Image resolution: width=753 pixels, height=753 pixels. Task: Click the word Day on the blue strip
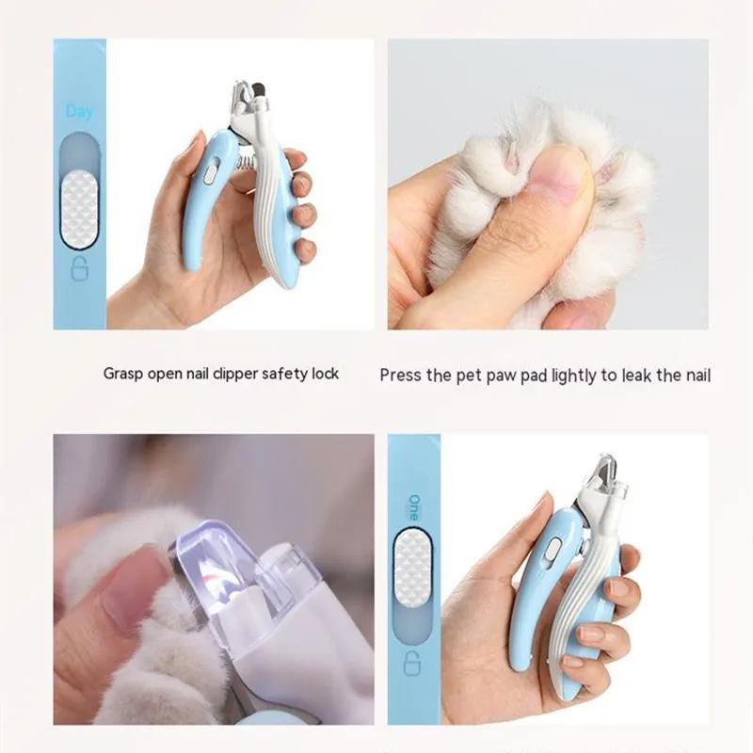[x=80, y=112]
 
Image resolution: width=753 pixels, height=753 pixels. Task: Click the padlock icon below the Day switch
[x=80, y=272]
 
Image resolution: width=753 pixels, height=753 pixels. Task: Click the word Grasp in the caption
[x=124, y=374]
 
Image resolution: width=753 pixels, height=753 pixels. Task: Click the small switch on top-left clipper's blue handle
[x=210, y=173]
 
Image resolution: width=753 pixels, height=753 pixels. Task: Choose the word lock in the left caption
[x=323, y=374]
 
